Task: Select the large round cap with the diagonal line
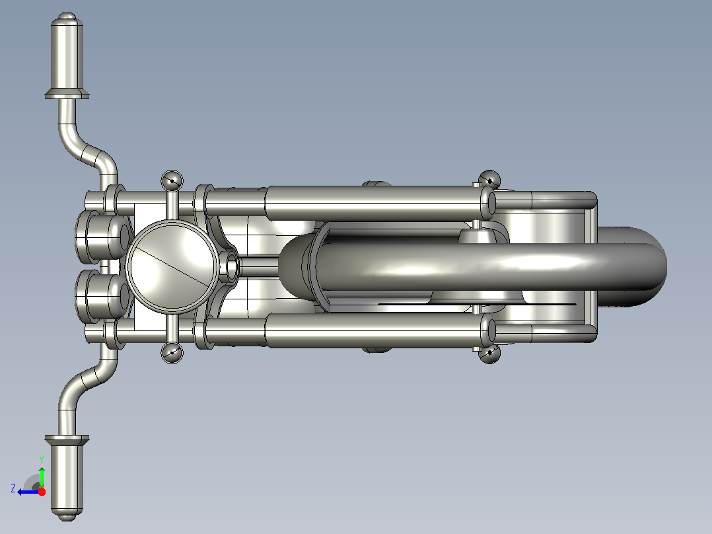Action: click(172, 267)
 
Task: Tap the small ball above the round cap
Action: click(172, 180)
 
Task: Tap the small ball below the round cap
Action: click(172, 353)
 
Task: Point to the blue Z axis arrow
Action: click(29, 492)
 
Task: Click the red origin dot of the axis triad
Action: click(42, 492)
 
